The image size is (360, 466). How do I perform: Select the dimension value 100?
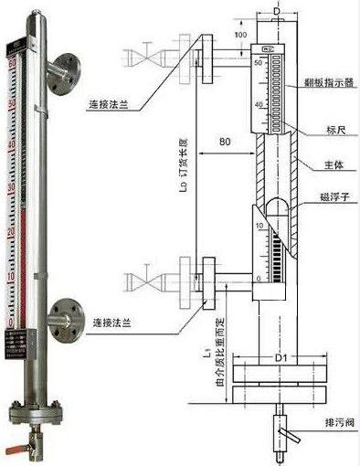point(240,34)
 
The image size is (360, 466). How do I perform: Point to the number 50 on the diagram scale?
point(259,63)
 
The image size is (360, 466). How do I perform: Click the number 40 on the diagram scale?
point(259,105)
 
